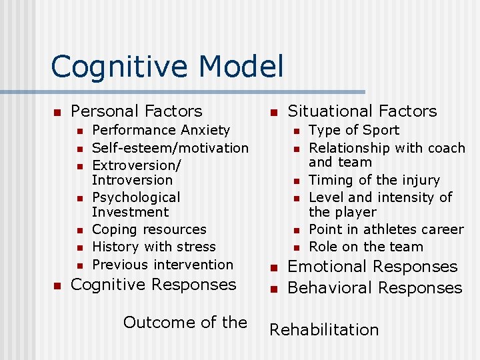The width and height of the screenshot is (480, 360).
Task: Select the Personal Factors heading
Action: (x=136, y=111)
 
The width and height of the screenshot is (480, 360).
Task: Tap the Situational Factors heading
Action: (x=362, y=111)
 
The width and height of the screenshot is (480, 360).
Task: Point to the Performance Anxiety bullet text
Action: (x=161, y=130)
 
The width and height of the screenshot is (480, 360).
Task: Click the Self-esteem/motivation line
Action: (x=170, y=147)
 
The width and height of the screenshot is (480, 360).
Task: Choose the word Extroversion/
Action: (x=137, y=165)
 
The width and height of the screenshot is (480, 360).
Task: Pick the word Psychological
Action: (x=136, y=197)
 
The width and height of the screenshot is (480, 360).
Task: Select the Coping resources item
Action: (x=149, y=229)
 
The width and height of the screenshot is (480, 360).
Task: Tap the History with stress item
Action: (x=154, y=247)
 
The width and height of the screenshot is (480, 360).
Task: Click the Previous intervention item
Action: (x=163, y=264)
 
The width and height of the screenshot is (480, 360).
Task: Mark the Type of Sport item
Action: (x=354, y=130)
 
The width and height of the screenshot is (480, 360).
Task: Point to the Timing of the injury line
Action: (x=375, y=180)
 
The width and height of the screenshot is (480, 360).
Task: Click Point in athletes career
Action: (x=386, y=229)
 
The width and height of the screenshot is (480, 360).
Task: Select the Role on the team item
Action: (x=366, y=247)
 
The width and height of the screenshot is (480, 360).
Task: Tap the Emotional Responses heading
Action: (x=372, y=267)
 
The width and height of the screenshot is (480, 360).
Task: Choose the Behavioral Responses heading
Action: (x=374, y=288)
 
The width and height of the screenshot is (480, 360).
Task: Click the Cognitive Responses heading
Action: (x=153, y=285)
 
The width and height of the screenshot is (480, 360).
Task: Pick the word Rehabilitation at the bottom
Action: (x=323, y=329)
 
